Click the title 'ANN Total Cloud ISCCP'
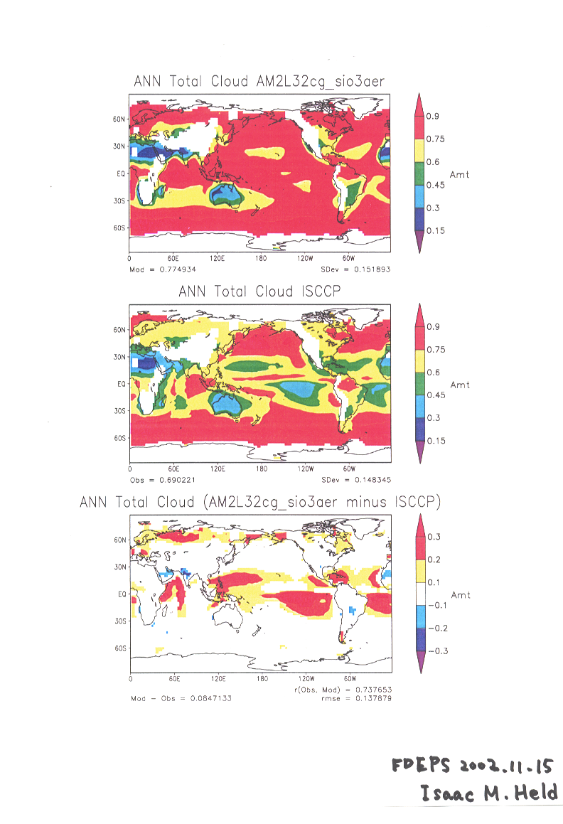click(259, 291)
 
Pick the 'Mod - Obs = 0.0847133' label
click(181, 698)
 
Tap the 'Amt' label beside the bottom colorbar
click(460, 595)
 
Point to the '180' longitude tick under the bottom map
click(262, 680)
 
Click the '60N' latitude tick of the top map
click(119, 119)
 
